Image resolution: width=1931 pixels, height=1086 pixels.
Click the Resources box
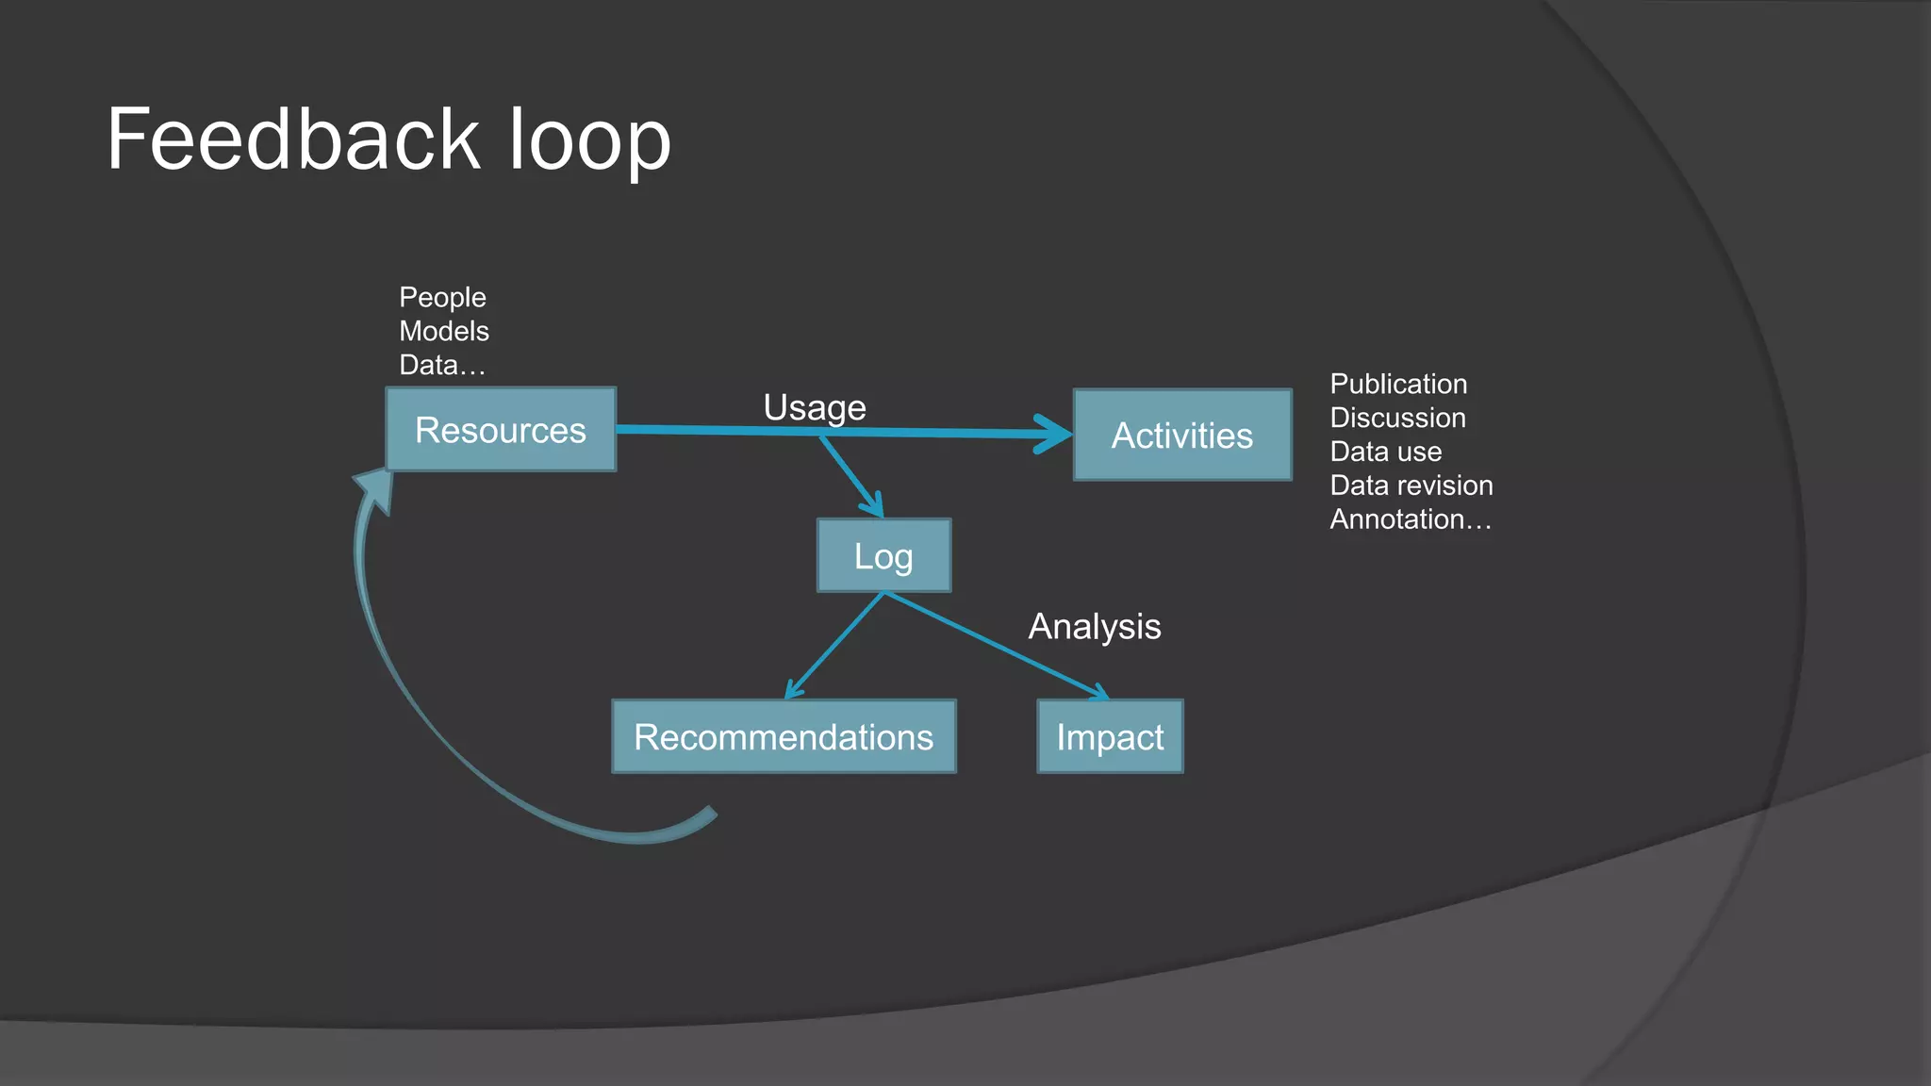pyautogui.click(x=501, y=430)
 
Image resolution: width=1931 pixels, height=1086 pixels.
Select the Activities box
pyautogui.click(x=1182, y=436)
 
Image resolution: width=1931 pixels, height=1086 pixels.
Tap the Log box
pyautogui.click(x=883, y=556)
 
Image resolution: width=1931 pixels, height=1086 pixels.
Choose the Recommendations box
pyautogui.click(x=784, y=737)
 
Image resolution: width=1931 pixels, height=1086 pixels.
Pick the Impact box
pyautogui.click(x=1110, y=737)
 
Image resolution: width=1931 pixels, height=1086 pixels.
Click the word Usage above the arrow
pyautogui.click(x=815, y=407)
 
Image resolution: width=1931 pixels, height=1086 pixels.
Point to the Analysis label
pyautogui.click(x=1094, y=627)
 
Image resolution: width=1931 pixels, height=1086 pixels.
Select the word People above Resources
pyautogui.click(x=442, y=297)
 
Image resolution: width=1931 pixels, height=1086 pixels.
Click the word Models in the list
pyautogui.click(x=444, y=331)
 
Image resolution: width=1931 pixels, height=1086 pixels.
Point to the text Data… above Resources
pyautogui.click(x=442, y=365)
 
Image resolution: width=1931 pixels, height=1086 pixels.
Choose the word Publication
pyautogui.click(x=1398, y=384)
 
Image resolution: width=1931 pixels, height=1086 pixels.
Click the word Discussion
pyautogui.click(x=1397, y=418)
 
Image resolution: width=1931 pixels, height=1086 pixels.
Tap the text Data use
pyautogui.click(x=1385, y=452)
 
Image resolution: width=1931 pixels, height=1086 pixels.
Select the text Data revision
pyautogui.click(x=1411, y=485)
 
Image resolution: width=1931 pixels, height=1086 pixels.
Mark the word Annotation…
pyautogui.click(x=1411, y=519)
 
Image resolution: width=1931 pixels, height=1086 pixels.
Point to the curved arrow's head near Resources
pyautogui.click(x=375, y=488)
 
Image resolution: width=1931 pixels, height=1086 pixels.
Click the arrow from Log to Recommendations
pyautogui.click(x=835, y=646)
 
